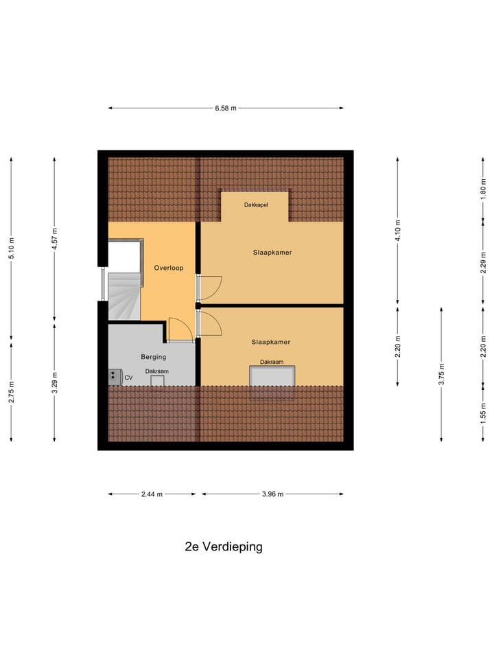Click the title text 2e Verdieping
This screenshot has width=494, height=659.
(224, 547)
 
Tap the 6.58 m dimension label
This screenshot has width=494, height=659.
(226, 108)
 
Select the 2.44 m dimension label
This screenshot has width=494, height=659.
(152, 494)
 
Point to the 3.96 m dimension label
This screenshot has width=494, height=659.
(272, 494)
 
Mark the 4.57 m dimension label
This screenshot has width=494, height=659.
(55, 240)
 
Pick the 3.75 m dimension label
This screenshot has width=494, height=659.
(442, 373)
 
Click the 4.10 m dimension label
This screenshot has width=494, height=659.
(398, 230)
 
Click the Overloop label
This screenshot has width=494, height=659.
(168, 268)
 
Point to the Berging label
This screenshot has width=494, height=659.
(154, 357)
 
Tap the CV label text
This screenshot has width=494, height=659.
(128, 377)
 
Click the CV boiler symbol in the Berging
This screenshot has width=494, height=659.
(113, 375)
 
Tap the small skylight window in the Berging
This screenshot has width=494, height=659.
(158, 380)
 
